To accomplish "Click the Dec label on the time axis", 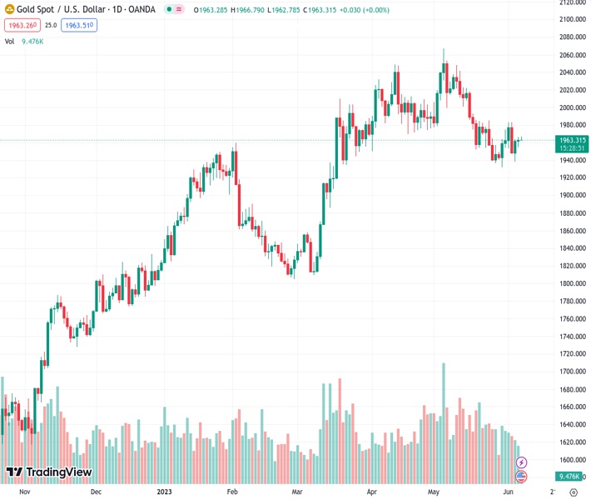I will [x=97, y=492].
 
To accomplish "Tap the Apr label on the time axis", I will [x=371, y=492].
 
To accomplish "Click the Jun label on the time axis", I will [x=509, y=492].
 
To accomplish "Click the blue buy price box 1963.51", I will [x=80, y=26].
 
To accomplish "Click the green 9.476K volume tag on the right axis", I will [x=569, y=476].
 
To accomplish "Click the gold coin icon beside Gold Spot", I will [x=10, y=9].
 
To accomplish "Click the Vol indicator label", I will [x=9, y=41].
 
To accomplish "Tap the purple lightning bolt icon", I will [x=521, y=462].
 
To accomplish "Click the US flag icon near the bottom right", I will [x=521, y=476].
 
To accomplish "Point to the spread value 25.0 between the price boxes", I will [x=51, y=26].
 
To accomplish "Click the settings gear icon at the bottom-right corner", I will [x=573, y=492].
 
